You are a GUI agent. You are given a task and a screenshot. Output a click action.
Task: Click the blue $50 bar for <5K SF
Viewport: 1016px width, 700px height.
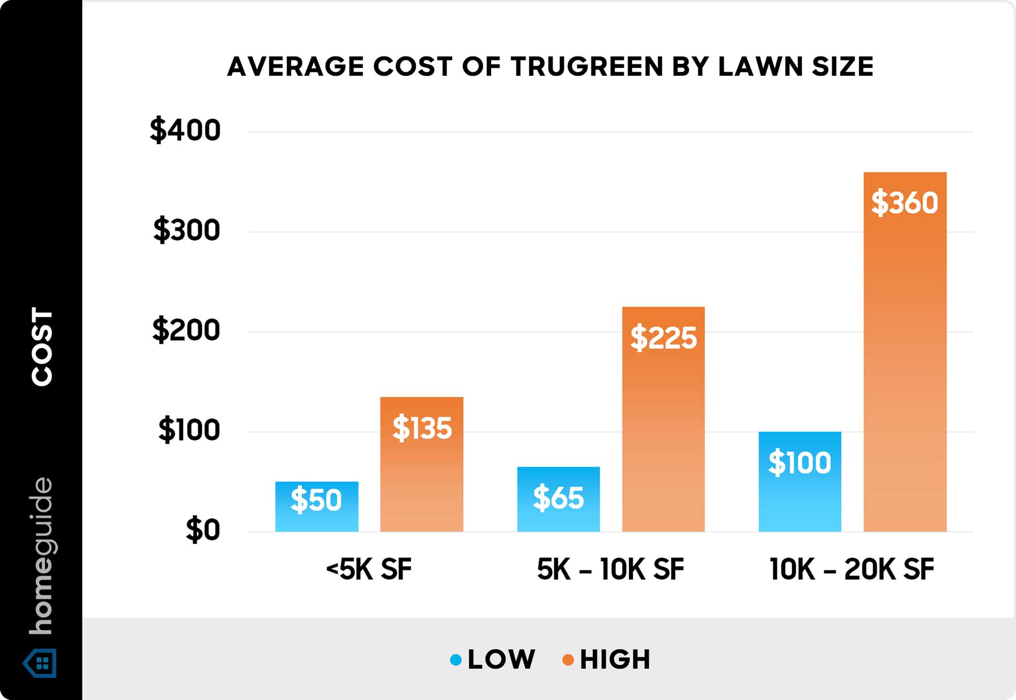coord(317,506)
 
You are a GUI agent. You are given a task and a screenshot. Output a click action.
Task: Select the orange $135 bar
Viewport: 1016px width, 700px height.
coord(422,464)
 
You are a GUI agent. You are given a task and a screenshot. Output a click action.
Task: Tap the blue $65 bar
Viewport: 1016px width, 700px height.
coord(558,499)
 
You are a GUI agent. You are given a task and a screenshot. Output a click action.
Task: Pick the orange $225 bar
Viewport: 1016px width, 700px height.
coord(663,419)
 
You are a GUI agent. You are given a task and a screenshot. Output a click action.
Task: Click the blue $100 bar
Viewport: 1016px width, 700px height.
coord(800,481)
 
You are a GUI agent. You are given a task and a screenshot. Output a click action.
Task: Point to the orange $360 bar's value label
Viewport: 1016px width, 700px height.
coord(904,203)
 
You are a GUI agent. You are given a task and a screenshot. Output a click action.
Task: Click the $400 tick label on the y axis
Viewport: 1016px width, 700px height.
coord(185,131)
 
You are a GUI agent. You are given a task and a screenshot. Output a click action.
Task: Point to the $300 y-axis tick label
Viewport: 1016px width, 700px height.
coord(186,231)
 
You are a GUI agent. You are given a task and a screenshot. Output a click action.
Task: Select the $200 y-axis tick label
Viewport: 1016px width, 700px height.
coord(186,330)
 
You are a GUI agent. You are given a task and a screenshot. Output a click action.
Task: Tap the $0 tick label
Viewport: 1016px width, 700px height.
coord(203,530)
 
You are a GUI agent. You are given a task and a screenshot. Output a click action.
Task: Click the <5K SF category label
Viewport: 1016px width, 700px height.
coord(369,569)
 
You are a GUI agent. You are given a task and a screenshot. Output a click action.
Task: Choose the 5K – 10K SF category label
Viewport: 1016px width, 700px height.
coord(610,569)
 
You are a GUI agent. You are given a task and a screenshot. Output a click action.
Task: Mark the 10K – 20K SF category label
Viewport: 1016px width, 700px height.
coord(851,569)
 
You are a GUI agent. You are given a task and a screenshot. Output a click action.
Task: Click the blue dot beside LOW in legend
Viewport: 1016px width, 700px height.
coord(456,659)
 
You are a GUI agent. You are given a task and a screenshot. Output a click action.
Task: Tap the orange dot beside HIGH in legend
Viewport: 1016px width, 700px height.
coord(568,659)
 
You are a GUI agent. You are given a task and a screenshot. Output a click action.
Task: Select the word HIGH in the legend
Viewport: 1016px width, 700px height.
coord(615,659)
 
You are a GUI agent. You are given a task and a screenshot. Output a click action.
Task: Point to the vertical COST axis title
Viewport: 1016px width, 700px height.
coord(42,347)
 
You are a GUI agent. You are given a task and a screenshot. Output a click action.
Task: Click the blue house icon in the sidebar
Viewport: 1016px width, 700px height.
coord(40,663)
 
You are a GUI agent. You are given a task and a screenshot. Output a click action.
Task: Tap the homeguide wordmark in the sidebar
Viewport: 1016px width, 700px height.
coord(41,556)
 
